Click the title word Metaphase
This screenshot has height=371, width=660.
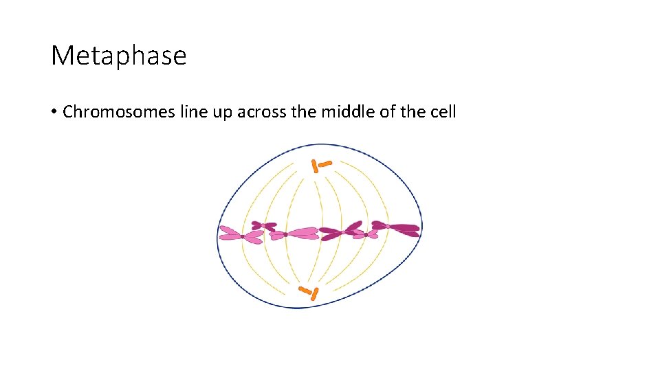point(118,56)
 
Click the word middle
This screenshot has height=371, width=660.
point(344,112)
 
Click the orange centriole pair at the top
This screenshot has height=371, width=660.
point(320,165)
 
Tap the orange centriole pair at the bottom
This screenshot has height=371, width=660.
point(309,293)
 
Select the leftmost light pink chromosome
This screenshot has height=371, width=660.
point(241,235)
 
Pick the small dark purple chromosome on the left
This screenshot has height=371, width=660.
point(263,225)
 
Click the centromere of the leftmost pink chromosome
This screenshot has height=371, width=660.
point(243,236)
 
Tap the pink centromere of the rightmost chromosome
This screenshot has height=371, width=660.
point(388,226)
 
